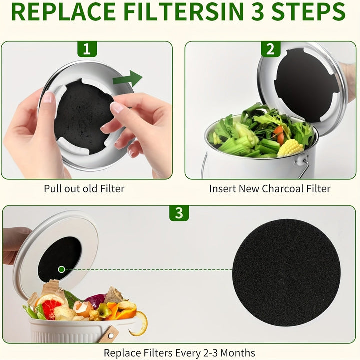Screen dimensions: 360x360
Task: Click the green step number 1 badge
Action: click(x=87, y=49)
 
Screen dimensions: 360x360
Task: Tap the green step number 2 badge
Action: click(x=270, y=49)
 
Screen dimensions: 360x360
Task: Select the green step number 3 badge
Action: click(x=179, y=213)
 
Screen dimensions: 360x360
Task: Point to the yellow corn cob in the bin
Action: click(x=290, y=148)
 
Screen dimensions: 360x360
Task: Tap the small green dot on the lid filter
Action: click(x=61, y=269)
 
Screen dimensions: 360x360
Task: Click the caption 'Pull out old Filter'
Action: click(x=84, y=189)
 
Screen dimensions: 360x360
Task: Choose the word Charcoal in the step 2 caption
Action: click(x=288, y=189)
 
